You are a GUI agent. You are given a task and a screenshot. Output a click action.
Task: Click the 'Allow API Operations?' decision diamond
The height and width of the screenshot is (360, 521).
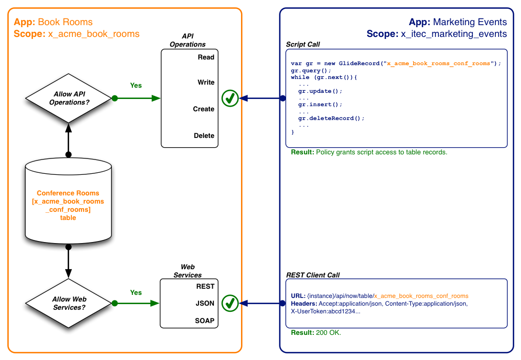[x=68, y=98]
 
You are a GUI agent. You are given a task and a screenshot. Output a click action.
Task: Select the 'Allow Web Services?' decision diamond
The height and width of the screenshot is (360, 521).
[x=68, y=303]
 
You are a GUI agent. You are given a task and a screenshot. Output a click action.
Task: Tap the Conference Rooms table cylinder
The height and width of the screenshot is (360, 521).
[x=68, y=201]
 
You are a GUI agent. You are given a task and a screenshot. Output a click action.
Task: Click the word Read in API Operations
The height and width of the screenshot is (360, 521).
[x=206, y=57]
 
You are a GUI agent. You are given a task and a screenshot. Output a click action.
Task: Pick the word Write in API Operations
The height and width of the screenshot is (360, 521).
[x=206, y=82]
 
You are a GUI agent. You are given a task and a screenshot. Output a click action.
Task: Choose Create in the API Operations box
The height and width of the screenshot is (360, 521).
[x=204, y=109]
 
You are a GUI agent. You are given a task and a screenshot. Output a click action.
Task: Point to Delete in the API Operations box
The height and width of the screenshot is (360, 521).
[x=204, y=135]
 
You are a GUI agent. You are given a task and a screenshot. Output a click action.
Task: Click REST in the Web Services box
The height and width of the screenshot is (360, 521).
[x=205, y=286]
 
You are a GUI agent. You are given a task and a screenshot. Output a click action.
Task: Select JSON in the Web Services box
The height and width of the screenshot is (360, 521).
[x=205, y=303]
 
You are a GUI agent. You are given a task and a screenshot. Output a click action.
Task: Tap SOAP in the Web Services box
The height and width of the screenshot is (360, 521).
[x=205, y=321]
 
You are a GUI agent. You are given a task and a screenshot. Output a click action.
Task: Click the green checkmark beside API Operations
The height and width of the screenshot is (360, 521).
[x=230, y=98]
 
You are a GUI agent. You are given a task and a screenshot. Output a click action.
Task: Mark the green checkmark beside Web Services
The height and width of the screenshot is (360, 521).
[x=230, y=303]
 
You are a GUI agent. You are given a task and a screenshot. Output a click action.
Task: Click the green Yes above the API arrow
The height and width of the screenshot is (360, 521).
[x=136, y=86]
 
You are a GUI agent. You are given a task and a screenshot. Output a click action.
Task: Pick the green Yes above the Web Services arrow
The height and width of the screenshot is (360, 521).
[x=136, y=292]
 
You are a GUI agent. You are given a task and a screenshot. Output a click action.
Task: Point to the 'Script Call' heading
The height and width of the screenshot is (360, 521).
[x=303, y=44]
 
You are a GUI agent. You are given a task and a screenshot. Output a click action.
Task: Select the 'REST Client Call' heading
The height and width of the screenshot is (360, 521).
[x=313, y=275]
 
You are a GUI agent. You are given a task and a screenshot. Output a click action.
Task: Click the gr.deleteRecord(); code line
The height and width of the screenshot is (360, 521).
[x=331, y=118]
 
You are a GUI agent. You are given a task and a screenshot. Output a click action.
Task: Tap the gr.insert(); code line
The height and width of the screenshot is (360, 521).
[x=320, y=105]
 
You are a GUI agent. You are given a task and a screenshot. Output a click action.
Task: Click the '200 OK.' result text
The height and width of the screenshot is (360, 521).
[x=328, y=332]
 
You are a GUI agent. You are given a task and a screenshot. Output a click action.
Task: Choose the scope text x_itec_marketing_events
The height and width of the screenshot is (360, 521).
[x=453, y=34]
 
